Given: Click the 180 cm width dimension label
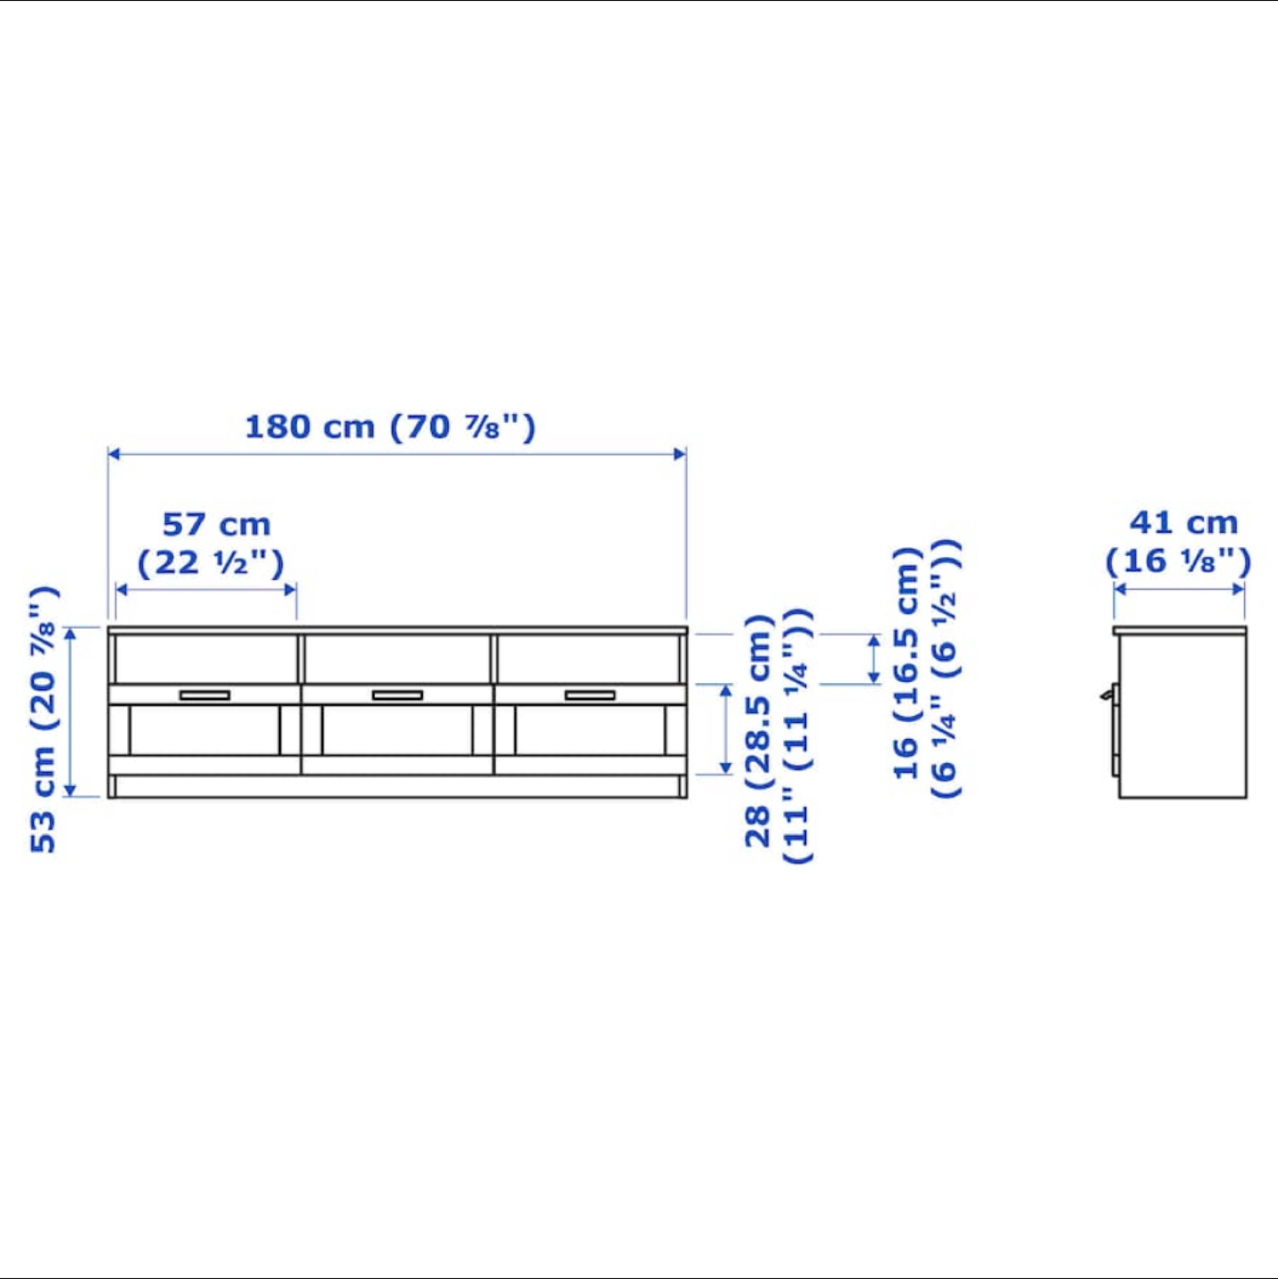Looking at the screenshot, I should click(x=390, y=427).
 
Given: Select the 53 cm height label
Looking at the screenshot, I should click(x=44, y=719).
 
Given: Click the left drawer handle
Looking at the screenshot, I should click(x=204, y=695).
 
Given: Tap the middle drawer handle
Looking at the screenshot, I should click(x=397, y=695).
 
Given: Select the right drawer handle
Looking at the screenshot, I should click(x=590, y=695).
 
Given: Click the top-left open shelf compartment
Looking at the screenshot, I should click(x=205, y=658).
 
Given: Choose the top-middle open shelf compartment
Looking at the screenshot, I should click(x=397, y=658).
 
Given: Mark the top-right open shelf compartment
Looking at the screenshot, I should click(x=588, y=658).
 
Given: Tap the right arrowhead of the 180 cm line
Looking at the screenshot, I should click(x=680, y=454).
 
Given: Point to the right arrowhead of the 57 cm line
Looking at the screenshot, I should click(x=290, y=590).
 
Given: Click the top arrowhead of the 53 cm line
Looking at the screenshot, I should click(x=71, y=633).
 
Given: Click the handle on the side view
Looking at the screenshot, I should click(x=1108, y=694).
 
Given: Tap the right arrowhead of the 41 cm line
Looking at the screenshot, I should click(x=1238, y=588).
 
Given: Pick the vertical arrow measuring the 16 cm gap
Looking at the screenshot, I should click(x=874, y=659).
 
